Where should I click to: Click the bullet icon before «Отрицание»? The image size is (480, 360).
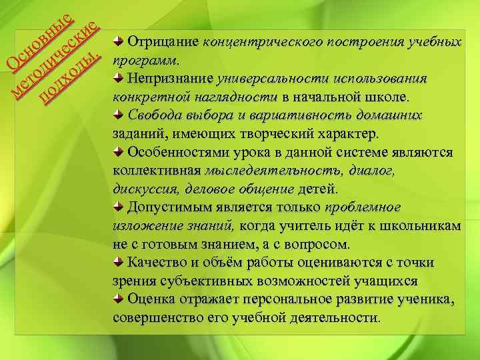coord(118,41)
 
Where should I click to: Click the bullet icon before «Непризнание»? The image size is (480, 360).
coord(118,78)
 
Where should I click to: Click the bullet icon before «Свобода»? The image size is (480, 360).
coord(118,115)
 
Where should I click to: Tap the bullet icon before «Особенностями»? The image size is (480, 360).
coord(118,151)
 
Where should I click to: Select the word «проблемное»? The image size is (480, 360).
coord(363,207)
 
